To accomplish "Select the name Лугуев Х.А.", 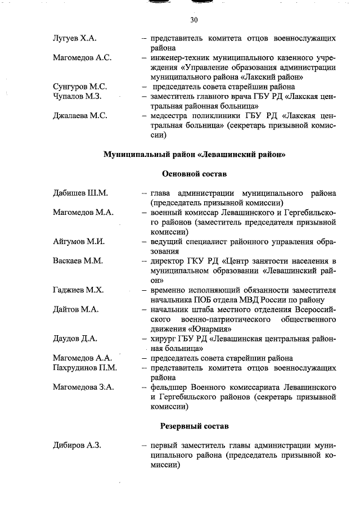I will click(x=74, y=39).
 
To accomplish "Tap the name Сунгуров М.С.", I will click(x=80, y=87).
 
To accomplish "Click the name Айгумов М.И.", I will click(x=79, y=241).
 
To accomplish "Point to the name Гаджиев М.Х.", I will click(x=78, y=290).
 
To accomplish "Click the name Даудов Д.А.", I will click(x=75, y=338).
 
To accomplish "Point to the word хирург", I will click(x=164, y=338).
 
